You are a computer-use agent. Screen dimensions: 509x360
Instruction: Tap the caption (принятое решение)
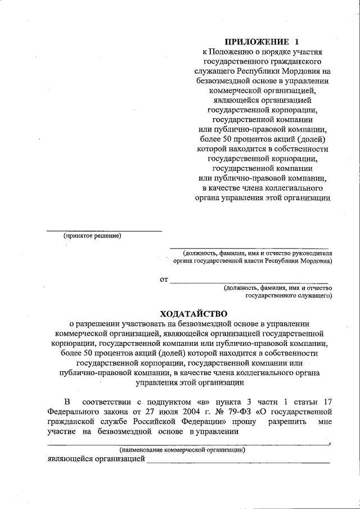92,236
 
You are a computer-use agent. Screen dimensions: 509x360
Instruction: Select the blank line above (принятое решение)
103,231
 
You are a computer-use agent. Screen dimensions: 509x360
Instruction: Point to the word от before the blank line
164,279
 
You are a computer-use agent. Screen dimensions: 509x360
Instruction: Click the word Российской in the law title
159,421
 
